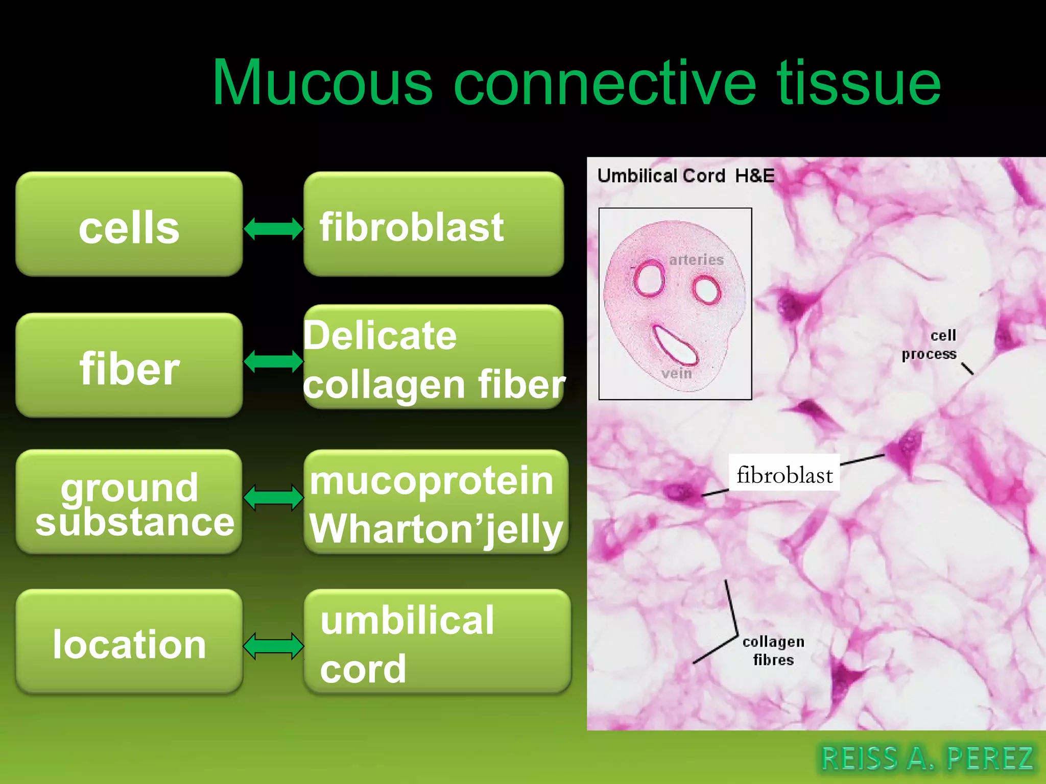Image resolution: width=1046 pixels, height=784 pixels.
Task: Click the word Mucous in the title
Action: coord(322,83)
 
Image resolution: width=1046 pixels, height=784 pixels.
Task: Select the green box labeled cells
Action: coord(129,225)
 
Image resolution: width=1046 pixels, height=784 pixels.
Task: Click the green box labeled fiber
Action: coord(129,365)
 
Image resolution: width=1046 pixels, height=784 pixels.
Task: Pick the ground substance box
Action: coord(129,502)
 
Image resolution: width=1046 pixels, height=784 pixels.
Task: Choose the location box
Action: coord(129,642)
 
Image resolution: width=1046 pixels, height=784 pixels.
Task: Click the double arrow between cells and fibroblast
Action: coord(273,228)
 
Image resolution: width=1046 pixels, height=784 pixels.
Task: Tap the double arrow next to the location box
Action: coord(273,646)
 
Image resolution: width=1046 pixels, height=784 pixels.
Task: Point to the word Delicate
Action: coord(381,336)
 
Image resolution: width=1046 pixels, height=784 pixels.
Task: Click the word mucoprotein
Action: coord(432,481)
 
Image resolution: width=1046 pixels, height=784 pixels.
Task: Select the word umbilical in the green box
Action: coord(407,620)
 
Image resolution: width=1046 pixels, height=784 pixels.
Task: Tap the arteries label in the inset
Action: coord(696,260)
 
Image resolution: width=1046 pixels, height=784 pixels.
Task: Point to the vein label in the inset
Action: coord(676,374)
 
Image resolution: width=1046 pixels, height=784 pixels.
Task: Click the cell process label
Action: coord(930,345)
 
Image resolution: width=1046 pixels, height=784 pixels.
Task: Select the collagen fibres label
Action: coord(773,650)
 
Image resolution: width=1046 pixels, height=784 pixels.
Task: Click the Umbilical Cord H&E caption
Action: coord(685,176)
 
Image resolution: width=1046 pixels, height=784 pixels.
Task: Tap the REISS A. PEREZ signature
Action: coord(926,757)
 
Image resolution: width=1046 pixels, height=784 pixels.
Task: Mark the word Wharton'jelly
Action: coord(436,529)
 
